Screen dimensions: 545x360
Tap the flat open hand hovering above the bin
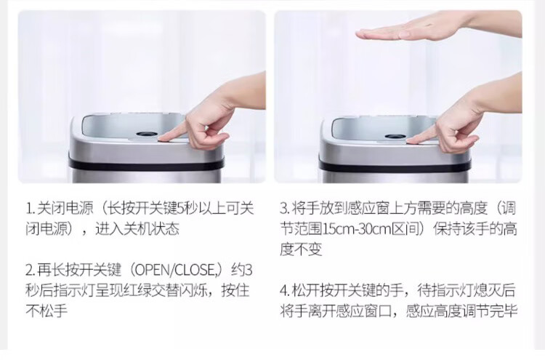point(439,27)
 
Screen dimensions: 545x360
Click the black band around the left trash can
point(146,164)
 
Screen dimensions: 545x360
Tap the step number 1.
point(29,209)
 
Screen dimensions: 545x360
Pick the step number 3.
point(284,209)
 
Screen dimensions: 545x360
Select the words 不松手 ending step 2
point(47,311)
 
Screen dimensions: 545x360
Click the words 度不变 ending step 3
point(301,249)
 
